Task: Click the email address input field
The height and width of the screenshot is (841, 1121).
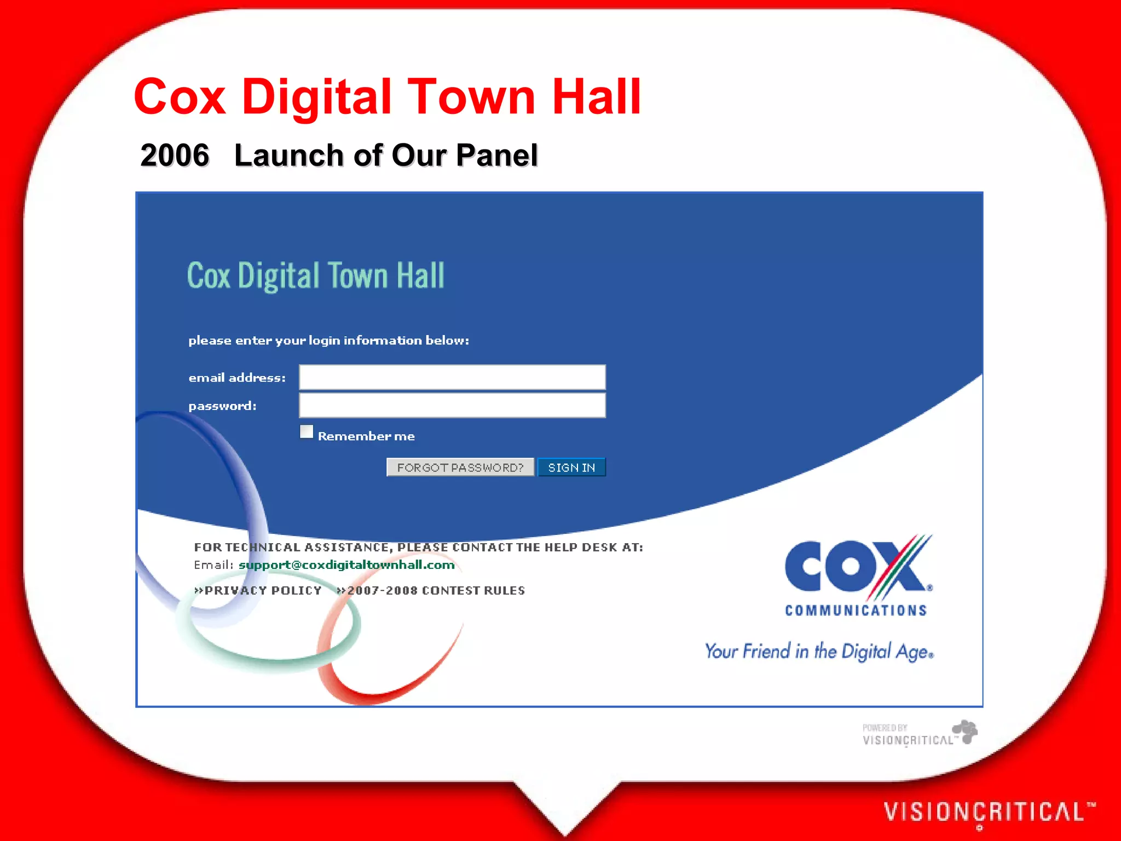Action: click(452, 377)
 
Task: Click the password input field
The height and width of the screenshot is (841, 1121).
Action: click(452, 406)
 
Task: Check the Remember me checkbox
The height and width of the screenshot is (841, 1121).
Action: click(307, 432)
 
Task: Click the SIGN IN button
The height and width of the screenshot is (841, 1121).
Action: click(571, 468)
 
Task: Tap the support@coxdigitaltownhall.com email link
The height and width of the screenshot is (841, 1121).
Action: click(346, 565)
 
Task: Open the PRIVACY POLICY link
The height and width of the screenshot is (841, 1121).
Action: click(258, 591)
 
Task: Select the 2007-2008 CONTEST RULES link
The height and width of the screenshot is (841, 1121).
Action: click(431, 591)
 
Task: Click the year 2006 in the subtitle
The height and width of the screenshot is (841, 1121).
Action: click(175, 155)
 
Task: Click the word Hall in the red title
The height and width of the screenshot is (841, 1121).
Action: click(596, 97)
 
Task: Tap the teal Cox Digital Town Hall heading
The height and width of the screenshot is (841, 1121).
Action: click(316, 275)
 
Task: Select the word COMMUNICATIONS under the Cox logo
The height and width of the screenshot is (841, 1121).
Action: click(856, 610)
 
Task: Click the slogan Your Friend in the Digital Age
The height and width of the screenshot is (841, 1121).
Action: click(818, 652)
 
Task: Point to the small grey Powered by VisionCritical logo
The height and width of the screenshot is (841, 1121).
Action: click(920, 734)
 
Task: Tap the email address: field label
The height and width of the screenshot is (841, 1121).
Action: click(237, 378)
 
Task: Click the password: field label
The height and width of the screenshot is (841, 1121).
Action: click(222, 406)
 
